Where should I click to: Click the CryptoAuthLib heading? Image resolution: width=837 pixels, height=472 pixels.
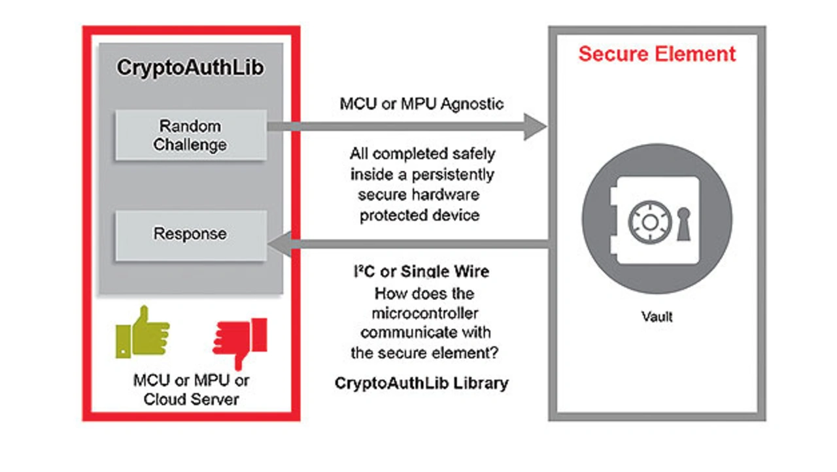(190, 68)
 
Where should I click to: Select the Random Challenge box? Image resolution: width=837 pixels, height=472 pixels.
(190, 135)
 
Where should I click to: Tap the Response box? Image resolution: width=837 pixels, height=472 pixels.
(190, 234)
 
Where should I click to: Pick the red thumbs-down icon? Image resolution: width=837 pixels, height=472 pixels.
(241, 339)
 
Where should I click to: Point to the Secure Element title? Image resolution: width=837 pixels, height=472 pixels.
(657, 54)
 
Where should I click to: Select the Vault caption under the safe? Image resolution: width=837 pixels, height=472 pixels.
(657, 317)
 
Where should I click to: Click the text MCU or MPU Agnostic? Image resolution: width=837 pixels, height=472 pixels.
(422, 104)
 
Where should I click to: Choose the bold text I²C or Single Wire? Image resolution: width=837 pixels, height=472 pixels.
(422, 272)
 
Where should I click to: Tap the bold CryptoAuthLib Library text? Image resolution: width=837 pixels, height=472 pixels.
(422, 383)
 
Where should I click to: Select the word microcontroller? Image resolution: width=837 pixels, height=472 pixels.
(422, 312)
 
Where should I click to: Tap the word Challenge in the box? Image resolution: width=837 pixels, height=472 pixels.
(190, 144)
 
